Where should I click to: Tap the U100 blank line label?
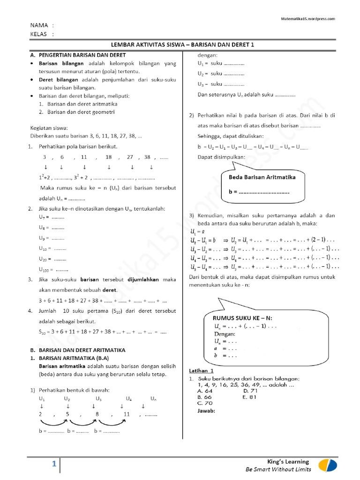pyautogui.click(x=46, y=270)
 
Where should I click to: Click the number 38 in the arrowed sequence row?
pyautogui.click(x=147, y=157)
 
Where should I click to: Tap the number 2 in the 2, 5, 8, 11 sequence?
pyautogui.click(x=40, y=414)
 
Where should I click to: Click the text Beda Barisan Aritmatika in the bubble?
pyautogui.click(x=262, y=177)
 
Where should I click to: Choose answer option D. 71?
pyautogui.click(x=251, y=390)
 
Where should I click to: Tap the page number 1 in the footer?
pyautogui.click(x=54, y=464)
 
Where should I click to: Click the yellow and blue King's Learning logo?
pyautogui.click(x=327, y=465)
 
